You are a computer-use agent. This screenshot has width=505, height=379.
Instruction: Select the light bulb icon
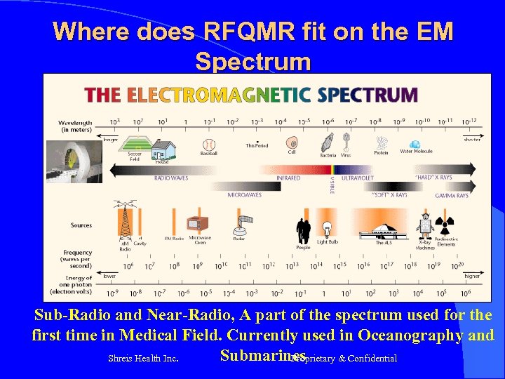[325, 230]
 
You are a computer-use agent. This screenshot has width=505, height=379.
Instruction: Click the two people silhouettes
[303, 230]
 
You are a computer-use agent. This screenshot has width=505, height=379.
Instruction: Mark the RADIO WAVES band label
[171, 178]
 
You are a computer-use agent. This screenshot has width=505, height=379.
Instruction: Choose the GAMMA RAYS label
[452, 196]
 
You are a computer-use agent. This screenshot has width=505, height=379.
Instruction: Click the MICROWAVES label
[245, 195]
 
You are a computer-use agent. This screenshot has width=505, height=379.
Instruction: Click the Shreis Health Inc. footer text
[142, 359]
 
